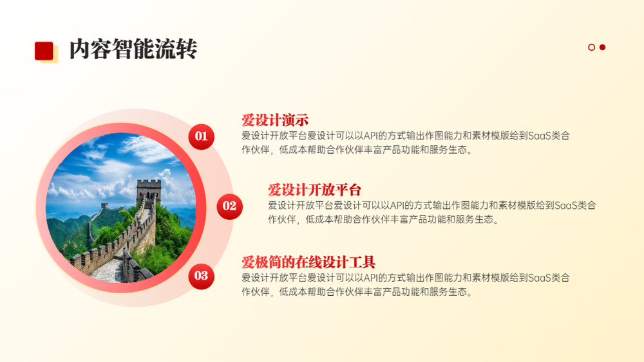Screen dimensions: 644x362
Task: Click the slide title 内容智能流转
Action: [x=133, y=50]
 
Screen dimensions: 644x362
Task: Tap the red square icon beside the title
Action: [x=44, y=51]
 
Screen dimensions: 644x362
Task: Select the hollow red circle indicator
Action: [x=591, y=47]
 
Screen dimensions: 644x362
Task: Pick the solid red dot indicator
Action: [x=603, y=47]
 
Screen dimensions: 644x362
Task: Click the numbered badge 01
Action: [x=201, y=136]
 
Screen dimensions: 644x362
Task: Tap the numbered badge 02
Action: [x=230, y=206]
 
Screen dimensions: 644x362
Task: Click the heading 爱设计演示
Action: [x=275, y=120]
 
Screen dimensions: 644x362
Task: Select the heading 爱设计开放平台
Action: [x=315, y=190]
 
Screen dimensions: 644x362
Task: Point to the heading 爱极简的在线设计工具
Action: [x=308, y=262]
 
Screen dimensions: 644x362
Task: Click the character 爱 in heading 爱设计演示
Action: [x=248, y=120]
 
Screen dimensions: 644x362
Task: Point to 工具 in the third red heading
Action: [x=362, y=262]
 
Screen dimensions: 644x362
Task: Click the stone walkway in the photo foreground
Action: [x=108, y=271]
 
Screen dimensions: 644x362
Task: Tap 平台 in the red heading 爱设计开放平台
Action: [x=348, y=190]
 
